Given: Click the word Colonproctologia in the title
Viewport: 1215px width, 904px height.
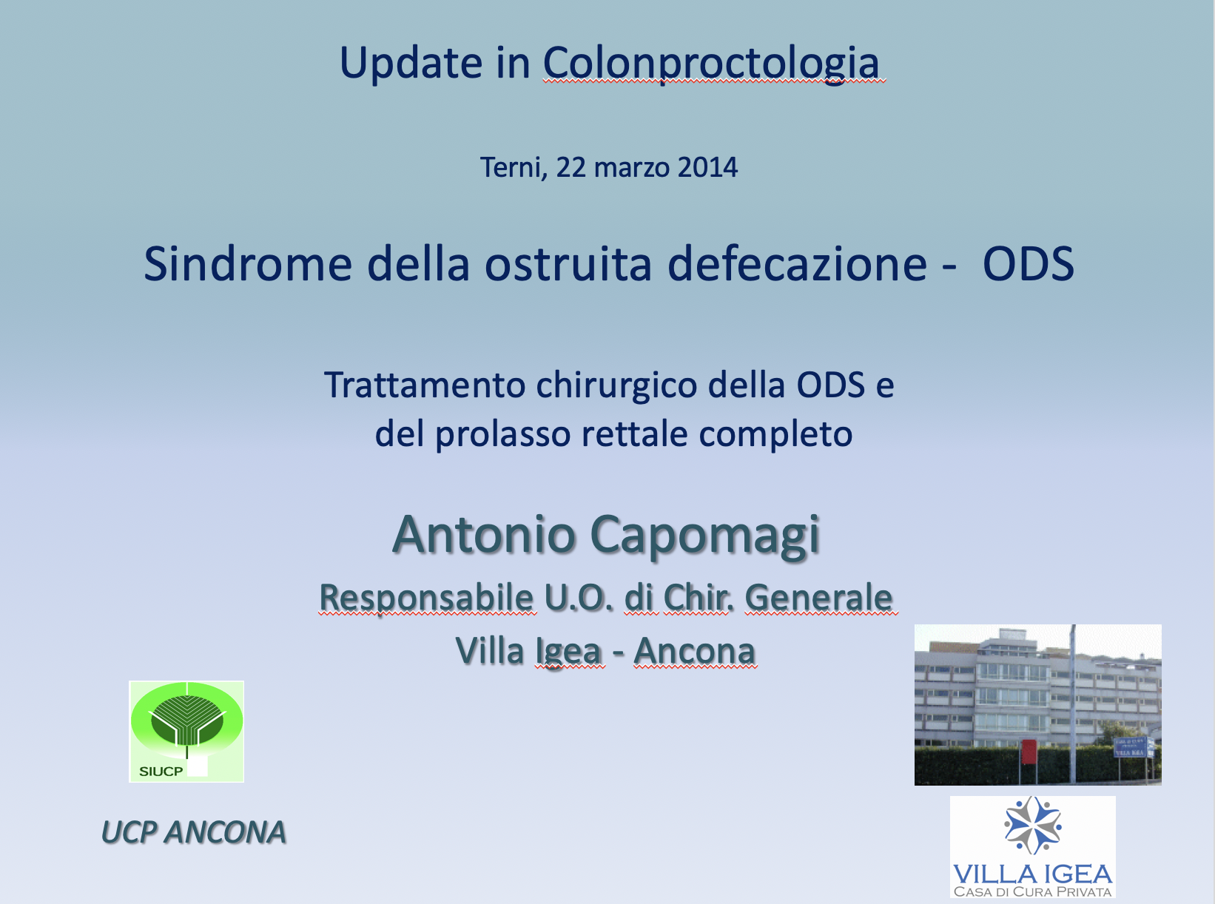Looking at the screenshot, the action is coord(711,64).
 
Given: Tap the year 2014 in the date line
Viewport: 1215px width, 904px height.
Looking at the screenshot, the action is coord(707,167).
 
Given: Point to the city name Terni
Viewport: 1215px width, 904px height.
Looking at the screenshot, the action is coord(514,168).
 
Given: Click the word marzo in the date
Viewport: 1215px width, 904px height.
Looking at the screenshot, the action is coord(632,169).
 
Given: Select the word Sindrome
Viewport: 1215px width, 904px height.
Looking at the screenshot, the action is coord(248,264).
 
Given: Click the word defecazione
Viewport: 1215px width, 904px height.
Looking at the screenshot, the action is coord(797,264).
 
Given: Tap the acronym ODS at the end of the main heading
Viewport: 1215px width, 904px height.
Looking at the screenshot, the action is coord(1029,264).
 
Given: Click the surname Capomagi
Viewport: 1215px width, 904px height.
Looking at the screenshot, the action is coord(706,536).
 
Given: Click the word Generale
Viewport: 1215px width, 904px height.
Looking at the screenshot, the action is coord(819,597).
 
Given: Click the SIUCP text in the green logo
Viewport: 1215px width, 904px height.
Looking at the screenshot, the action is coord(161,772).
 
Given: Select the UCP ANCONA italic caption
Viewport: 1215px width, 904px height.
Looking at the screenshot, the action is coord(193,832).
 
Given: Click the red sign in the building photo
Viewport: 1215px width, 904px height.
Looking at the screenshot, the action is coord(1029,752).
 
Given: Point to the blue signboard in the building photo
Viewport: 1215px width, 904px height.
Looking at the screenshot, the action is coord(1131,747).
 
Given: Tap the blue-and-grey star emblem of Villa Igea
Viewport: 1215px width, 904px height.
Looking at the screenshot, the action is coord(1032,825).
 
